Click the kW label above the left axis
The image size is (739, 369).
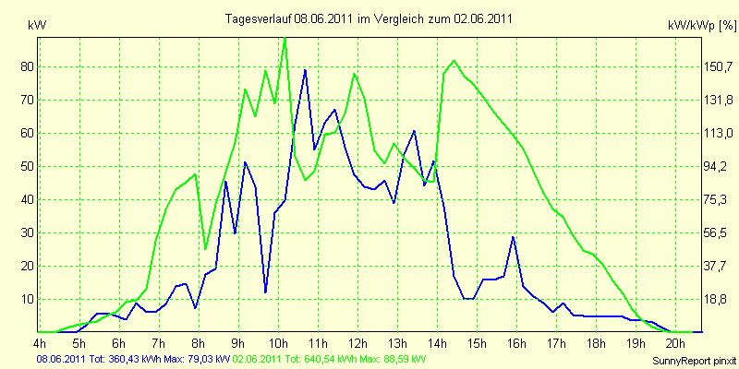tap(37, 26)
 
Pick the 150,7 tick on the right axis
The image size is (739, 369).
tap(716, 66)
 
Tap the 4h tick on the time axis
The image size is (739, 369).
tap(40, 342)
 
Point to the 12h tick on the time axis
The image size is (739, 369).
tap(358, 342)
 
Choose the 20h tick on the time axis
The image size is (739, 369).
tap(676, 342)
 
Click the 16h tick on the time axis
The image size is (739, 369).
tap(517, 342)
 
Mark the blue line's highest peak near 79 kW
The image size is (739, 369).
tap(306, 70)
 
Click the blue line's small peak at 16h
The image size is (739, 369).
tap(514, 237)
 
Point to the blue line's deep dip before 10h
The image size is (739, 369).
tap(265, 292)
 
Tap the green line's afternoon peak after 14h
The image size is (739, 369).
tap(454, 61)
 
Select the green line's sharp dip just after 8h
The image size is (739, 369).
tap(205, 248)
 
